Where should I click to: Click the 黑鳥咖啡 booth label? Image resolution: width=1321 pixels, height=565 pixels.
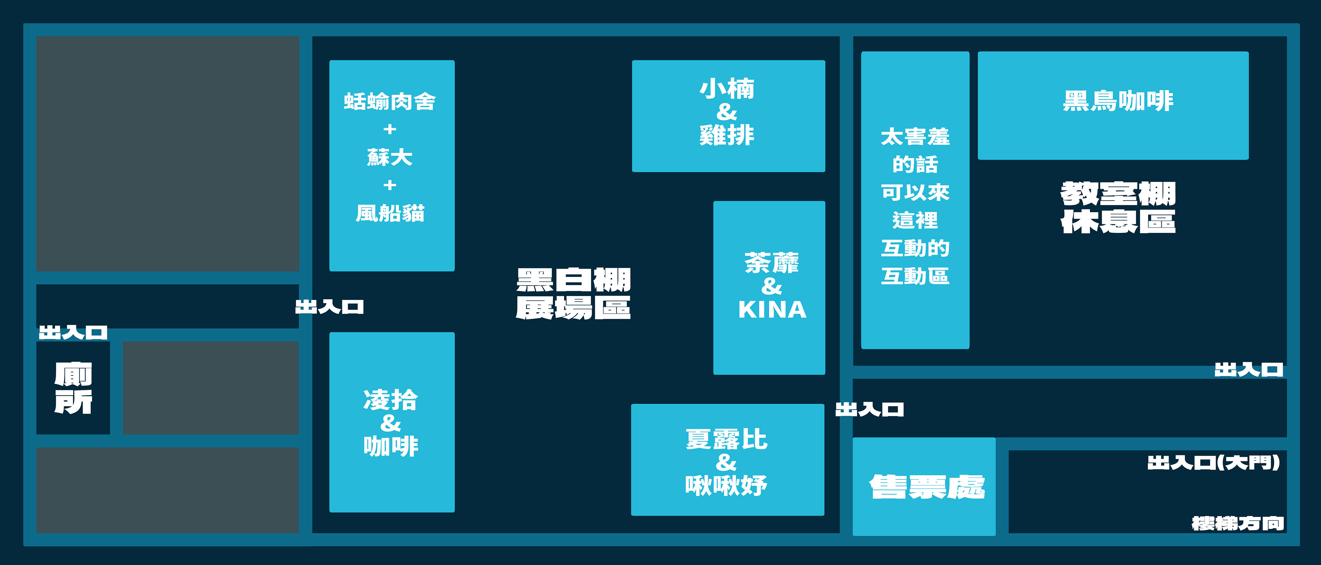point(1118,101)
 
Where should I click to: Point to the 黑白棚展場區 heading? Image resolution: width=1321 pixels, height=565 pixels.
point(573,294)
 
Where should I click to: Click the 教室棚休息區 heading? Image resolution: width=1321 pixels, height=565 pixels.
point(1118,208)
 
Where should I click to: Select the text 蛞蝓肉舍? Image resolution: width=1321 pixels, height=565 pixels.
point(390,101)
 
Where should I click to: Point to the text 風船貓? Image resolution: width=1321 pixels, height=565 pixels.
point(390,213)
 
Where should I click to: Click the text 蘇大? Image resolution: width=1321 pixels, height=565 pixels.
point(390,157)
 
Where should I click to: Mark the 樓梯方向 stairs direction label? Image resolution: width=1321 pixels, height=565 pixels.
point(1237,523)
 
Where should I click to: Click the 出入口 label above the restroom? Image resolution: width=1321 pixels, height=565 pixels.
point(73,333)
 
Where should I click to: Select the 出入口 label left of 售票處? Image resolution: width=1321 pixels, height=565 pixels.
point(869,410)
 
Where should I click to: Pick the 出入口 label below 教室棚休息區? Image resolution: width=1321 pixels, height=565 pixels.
point(1249,370)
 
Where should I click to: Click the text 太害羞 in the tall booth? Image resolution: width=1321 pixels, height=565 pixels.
point(915,137)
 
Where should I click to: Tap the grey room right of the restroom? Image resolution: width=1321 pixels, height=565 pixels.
point(211,388)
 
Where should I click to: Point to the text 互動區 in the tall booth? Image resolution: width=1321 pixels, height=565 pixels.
point(915,276)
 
